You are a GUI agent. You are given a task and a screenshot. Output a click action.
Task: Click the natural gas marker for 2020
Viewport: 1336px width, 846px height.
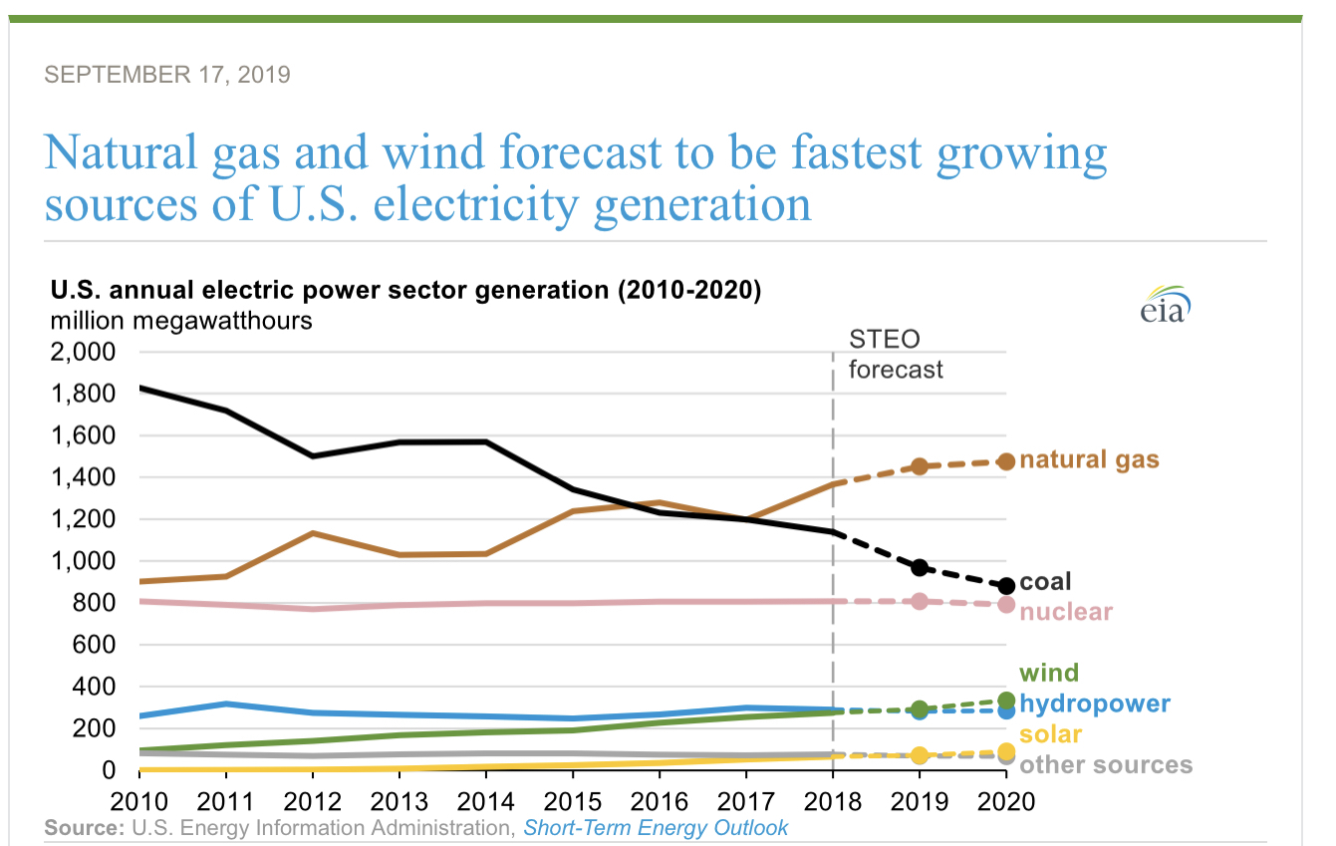1006,461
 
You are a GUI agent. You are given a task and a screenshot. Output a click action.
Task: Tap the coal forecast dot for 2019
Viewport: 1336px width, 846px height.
920,568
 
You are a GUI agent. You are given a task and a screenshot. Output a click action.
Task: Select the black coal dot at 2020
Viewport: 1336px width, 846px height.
1006,586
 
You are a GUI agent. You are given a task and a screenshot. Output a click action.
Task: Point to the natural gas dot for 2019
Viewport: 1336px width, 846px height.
920,465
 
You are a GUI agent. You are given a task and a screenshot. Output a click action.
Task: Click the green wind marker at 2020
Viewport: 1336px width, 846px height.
1006,701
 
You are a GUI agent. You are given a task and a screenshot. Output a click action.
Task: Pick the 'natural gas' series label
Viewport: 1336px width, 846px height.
1089,460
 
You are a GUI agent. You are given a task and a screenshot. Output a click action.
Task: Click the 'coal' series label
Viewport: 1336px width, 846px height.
1045,582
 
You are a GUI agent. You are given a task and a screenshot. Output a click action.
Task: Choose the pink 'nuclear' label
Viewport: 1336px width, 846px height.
1066,611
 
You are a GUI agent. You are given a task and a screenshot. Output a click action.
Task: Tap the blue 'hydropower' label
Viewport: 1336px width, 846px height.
1095,704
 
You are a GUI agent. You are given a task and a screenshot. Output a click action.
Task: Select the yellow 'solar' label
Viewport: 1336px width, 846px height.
1051,734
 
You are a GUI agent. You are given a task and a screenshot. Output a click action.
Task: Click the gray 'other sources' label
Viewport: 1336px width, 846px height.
1106,764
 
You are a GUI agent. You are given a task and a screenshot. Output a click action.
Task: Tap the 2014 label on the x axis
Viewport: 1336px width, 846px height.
486,801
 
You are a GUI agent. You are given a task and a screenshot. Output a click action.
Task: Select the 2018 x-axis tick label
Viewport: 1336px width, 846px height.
833,801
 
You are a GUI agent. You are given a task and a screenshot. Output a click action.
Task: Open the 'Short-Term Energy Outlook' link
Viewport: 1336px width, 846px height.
656,828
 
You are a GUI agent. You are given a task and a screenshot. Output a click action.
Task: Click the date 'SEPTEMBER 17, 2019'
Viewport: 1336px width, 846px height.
168,75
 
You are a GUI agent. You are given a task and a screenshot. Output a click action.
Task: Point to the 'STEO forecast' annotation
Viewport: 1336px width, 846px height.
895,354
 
